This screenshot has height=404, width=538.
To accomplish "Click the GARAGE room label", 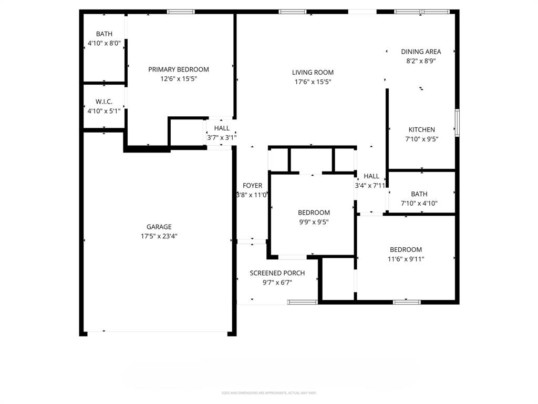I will [x=159, y=227].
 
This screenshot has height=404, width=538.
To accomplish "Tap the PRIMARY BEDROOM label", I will [x=179, y=69].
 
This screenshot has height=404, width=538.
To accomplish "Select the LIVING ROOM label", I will [x=313, y=73].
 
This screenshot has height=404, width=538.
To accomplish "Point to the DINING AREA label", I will [x=421, y=52].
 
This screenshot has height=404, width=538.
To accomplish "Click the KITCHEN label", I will [x=422, y=130].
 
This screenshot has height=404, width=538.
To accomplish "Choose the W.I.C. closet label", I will [x=104, y=102].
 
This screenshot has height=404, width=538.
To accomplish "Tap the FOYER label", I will [x=252, y=186].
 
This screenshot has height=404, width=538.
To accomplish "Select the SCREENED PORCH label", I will [x=277, y=273].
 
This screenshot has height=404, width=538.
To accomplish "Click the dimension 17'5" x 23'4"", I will [x=159, y=237].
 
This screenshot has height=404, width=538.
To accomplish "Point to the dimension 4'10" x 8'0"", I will [x=104, y=44].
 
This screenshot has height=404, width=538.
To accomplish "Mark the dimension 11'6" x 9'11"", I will [x=406, y=259].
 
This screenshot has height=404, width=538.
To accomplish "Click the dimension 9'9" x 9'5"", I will [x=314, y=222].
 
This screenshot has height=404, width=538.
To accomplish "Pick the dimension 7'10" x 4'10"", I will [x=419, y=204].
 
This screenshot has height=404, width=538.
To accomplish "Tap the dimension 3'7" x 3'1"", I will [x=222, y=138].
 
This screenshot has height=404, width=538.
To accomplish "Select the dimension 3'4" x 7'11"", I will [x=371, y=185].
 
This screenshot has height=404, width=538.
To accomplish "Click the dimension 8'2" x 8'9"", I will [x=421, y=61].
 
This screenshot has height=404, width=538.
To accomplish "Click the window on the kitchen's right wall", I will [x=457, y=123].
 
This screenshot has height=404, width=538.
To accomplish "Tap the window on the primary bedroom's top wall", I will [x=181, y=12].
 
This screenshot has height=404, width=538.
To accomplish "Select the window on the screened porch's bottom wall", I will [x=302, y=302].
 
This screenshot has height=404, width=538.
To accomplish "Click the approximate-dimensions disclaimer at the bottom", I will [x=268, y=393].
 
